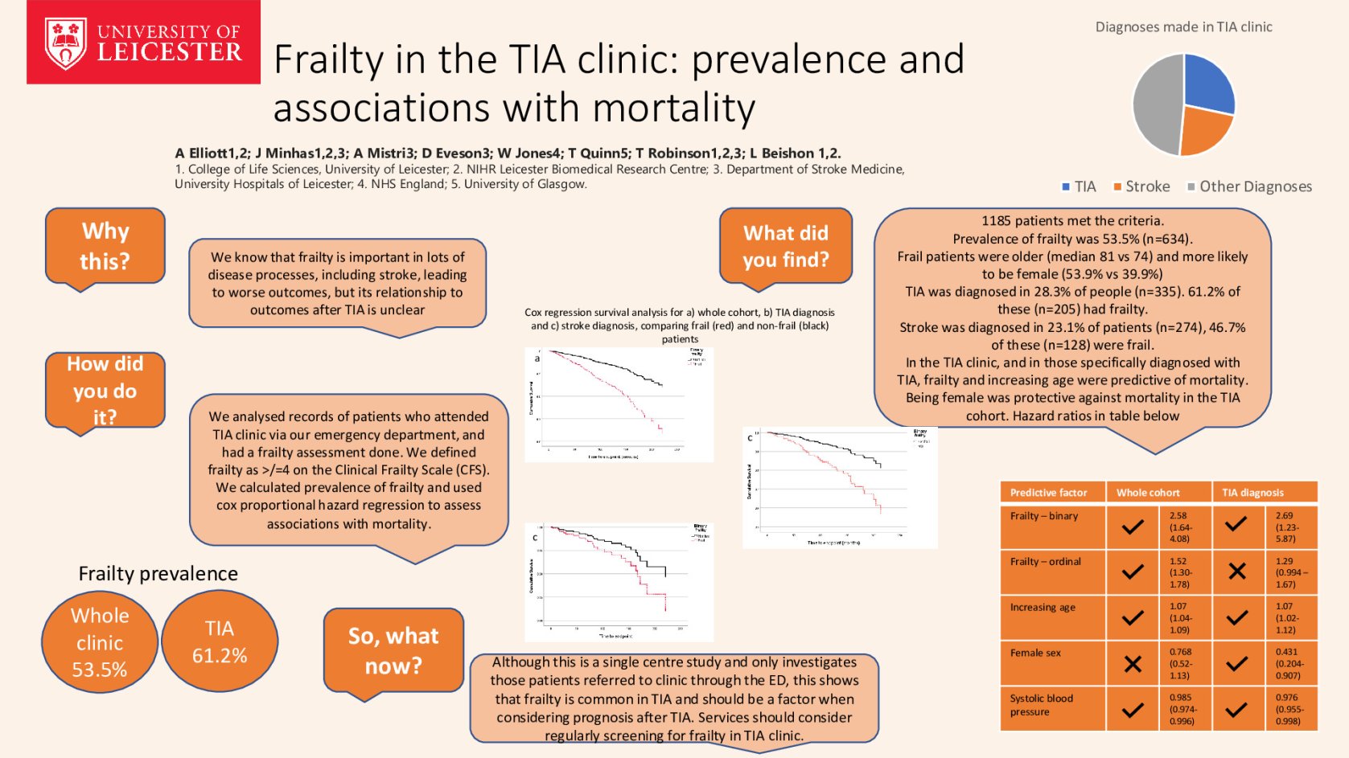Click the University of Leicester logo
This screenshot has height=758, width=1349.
click(x=143, y=42)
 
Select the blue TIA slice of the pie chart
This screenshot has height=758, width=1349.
click(x=1207, y=84)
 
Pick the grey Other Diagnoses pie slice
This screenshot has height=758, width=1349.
click(x=1155, y=104)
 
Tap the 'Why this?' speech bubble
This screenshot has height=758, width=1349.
click(x=105, y=246)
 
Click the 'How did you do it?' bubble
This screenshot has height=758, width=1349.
click(x=105, y=391)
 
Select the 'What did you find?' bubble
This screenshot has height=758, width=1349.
click(x=785, y=246)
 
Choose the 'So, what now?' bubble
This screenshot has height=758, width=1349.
click(x=393, y=650)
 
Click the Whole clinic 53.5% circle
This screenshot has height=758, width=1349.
click(x=100, y=642)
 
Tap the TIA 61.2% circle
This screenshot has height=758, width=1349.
click(x=220, y=641)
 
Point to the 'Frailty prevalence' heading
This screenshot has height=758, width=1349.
click(x=158, y=573)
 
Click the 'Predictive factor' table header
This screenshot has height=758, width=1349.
click(x=1048, y=493)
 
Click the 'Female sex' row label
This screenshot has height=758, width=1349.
click(x=1035, y=653)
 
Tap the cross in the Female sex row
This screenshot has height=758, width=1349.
click(x=1133, y=664)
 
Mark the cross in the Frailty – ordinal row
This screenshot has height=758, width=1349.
click(x=1237, y=572)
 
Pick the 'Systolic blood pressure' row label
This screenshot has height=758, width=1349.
click(x=1041, y=705)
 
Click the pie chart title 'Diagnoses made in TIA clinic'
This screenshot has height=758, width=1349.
click(x=1183, y=27)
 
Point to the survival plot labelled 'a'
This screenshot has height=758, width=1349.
click(x=619, y=404)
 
